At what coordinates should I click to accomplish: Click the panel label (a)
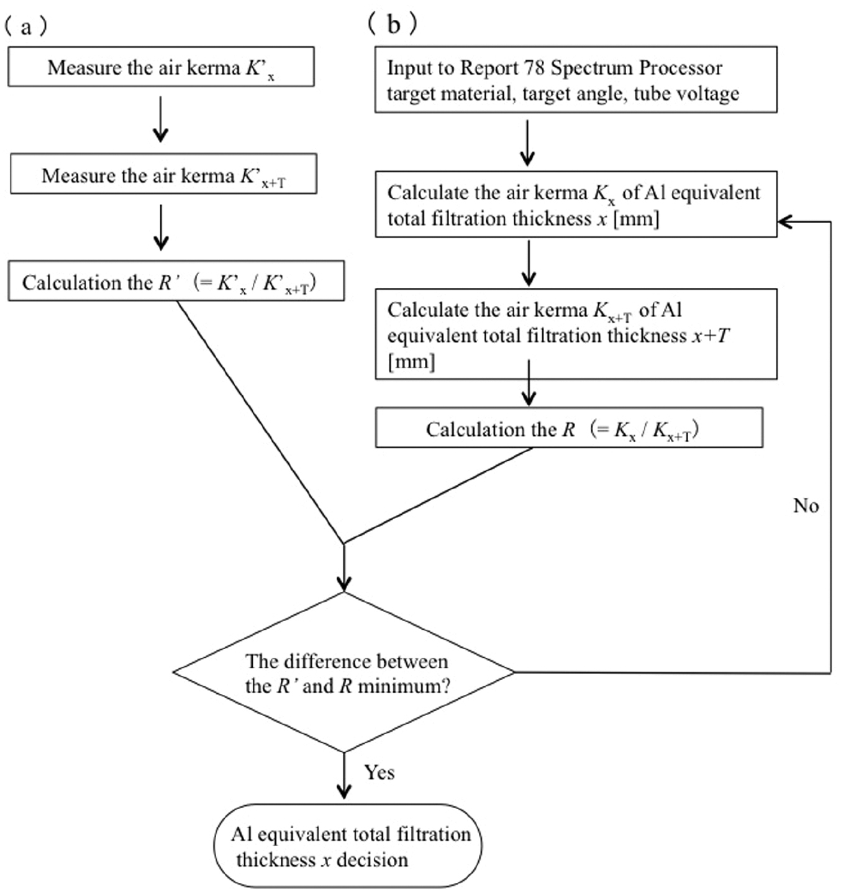pos(25,27)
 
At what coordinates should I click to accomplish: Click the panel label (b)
pos(393,24)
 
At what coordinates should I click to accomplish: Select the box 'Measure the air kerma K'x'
pos(161,67)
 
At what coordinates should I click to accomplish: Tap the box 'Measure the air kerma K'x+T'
pos(163,175)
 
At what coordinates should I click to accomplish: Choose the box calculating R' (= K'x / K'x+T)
pos(176,282)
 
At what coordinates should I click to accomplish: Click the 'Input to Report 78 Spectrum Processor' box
pos(575,80)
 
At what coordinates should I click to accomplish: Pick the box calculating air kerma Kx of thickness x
pos(575,205)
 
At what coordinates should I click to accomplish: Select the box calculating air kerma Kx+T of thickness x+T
pos(575,334)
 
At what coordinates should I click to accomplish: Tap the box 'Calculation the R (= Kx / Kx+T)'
pos(568,428)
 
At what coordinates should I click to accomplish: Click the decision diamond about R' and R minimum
pos(344,673)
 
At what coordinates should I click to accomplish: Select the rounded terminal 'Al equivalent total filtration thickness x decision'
pos(348,846)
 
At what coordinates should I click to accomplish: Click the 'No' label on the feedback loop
pos(806,506)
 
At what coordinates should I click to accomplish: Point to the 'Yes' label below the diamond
pos(379,773)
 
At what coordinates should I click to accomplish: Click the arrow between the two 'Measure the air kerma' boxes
pos(161,119)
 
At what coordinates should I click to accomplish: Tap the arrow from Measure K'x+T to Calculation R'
pos(161,228)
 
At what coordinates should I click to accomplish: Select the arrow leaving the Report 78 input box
pos(527,142)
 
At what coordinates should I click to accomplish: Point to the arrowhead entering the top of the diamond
pos(344,584)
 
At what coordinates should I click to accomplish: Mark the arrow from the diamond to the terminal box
pos(344,777)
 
